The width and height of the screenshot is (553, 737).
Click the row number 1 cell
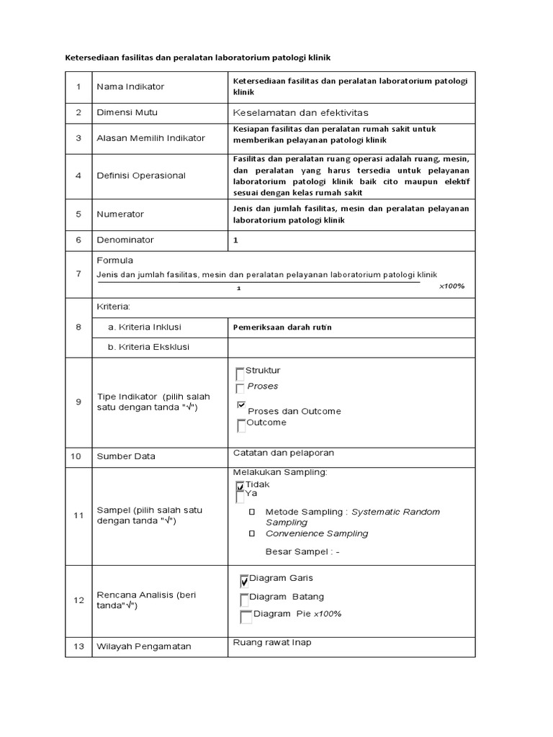(x=78, y=87)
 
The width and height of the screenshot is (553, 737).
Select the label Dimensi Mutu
(x=127, y=113)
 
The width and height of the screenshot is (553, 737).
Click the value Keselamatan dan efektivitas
(x=301, y=114)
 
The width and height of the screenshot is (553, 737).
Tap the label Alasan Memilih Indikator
(x=150, y=138)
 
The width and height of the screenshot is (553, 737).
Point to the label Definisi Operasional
(x=140, y=176)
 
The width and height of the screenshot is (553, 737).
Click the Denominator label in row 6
(x=125, y=240)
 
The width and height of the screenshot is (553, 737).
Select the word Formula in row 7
(x=114, y=261)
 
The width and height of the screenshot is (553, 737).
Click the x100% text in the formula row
(x=451, y=286)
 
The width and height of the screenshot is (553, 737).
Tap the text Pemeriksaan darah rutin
(x=282, y=327)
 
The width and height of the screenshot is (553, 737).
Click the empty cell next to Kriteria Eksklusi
(x=351, y=347)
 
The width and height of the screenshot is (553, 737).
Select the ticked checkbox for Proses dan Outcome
(x=241, y=405)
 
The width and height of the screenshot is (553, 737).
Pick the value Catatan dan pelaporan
(x=284, y=453)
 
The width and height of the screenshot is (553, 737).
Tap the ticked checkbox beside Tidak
(x=240, y=487)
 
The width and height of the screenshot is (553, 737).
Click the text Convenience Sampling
(x=317, y=534)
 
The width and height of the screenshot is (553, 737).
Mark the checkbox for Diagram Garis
(x=245, y=581)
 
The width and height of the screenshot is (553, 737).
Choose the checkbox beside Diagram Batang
(x=245, y=599)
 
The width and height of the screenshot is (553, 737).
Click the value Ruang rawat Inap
(x=272, y=643)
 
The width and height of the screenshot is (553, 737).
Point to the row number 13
(x=78, y=646)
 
